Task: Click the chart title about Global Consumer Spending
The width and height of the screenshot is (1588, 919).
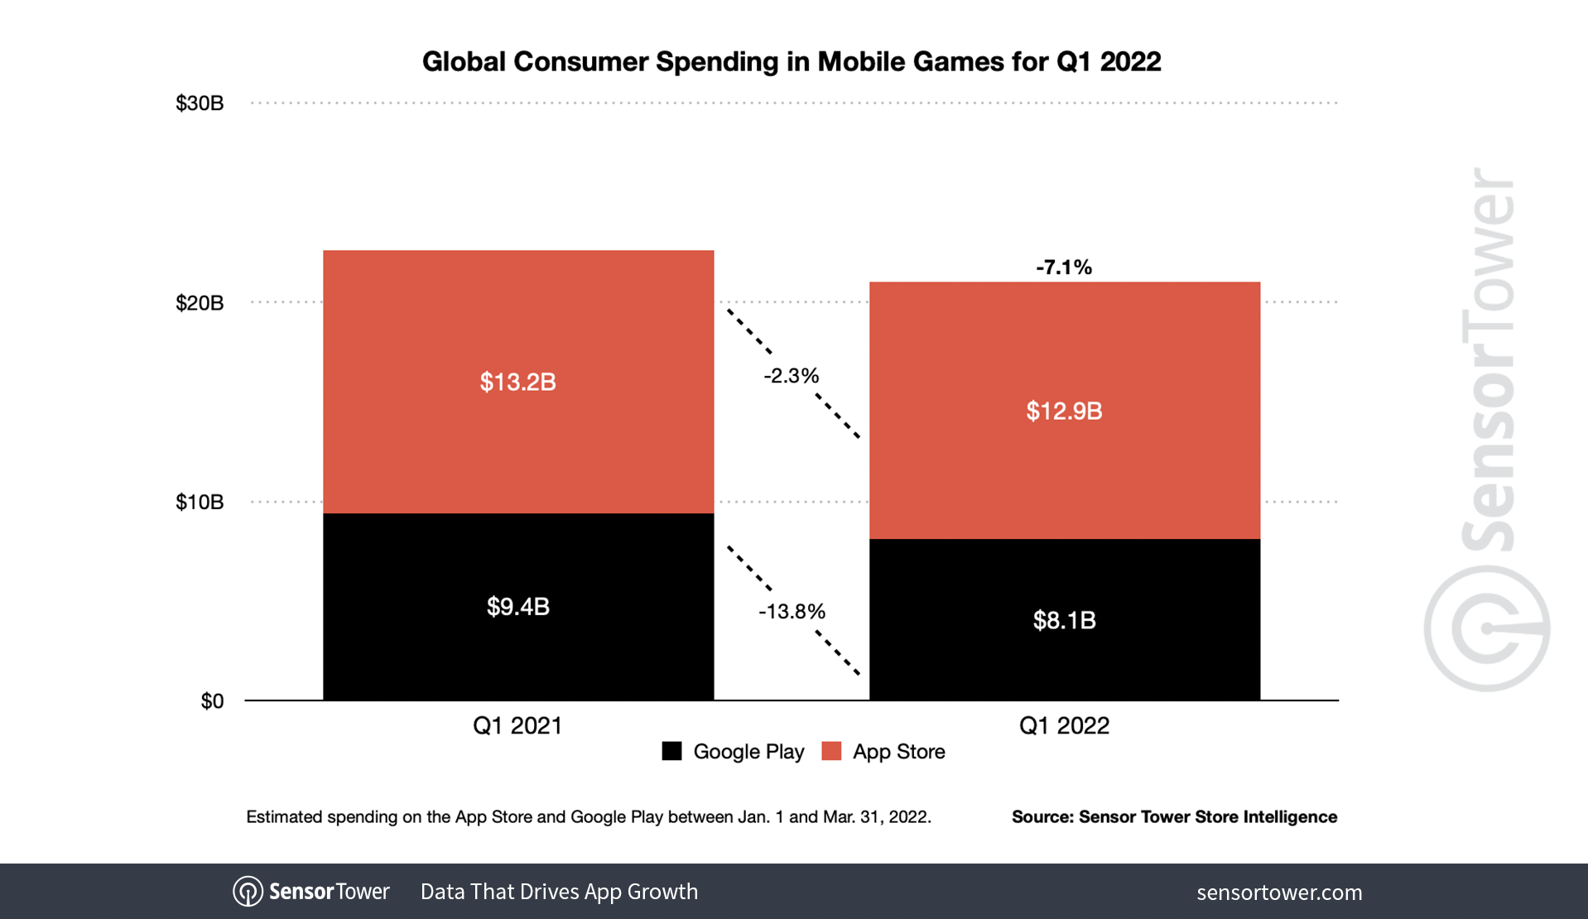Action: pos(792,62)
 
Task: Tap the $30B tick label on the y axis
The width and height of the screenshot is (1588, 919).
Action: pos(200,103)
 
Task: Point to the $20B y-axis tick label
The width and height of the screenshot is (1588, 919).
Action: pos(200,303)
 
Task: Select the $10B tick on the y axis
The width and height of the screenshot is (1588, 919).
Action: pos(200,503)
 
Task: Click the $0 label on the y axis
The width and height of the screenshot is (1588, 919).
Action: pos(212,702)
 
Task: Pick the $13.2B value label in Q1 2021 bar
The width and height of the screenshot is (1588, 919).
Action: pos(517,382)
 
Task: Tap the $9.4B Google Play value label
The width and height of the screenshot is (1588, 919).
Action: pos(517,607)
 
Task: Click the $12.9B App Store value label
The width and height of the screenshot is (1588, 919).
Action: pos(1064,411)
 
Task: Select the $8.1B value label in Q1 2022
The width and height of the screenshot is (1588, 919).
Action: pos(1064,620)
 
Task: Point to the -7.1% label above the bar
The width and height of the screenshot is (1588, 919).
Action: pos(1064,267)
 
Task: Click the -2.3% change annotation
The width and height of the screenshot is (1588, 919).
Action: pos(791,376)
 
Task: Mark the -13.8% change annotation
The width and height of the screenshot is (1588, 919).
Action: pos(792,612)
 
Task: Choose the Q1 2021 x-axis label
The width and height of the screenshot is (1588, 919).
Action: pos(517,726)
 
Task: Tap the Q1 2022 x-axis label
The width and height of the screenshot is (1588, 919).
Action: pos(1064,726)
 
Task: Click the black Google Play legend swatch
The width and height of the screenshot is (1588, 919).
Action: pos(671,751)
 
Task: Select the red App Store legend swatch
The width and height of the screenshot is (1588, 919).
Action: pos(831,751)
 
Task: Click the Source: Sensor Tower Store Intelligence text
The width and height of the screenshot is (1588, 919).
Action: pos(1174,817)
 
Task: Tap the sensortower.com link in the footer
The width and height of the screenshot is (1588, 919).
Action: pos(1279,893)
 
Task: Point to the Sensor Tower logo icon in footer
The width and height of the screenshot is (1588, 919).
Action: pos(248,892)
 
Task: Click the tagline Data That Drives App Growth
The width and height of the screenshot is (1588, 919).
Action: pos(559,892)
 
